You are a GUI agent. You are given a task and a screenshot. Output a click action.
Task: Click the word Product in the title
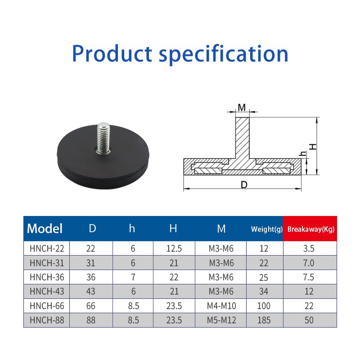click(112, 54)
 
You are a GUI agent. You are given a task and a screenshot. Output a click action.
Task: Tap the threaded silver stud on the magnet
click(103, 137)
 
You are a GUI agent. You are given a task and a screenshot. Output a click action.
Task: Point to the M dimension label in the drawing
click(242, 108)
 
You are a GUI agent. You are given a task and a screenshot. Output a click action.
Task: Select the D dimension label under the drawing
click(244, 184)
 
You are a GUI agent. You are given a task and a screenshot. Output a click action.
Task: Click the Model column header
click(45, 229)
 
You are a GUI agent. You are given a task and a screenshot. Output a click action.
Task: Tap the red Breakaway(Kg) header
click(311, 229)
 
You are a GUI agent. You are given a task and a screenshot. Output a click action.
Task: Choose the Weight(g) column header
click(267, 229)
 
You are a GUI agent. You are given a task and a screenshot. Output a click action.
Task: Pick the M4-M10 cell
click(221, 306)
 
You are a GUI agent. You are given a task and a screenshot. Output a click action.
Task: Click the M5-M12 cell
click(221, 320)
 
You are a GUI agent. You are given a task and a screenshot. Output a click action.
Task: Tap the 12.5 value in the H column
click(174, 248)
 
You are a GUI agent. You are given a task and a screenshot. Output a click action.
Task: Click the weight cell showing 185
click(264, 320)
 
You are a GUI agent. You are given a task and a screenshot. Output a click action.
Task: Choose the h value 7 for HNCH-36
click(133, 277)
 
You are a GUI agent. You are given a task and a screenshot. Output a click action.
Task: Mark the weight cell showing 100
click(264, 306)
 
